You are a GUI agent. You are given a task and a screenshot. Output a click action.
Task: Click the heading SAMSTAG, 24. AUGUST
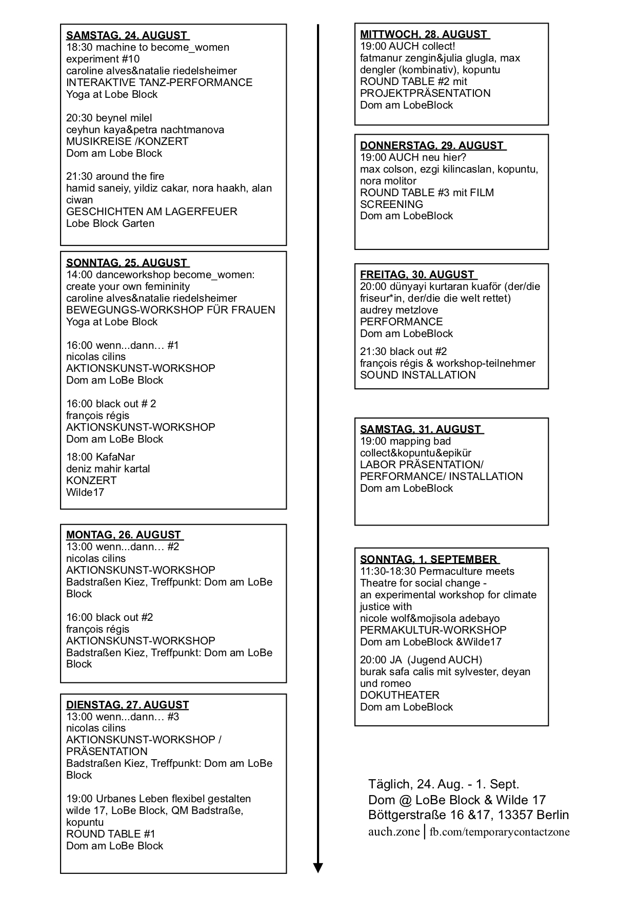tap(127, 35)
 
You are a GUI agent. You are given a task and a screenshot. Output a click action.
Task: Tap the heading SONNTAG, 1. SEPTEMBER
tap(429, 559)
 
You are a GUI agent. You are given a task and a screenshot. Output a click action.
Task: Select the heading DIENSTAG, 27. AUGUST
tap(127, 705)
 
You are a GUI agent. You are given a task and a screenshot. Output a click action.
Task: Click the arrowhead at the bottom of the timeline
tap(318, 867)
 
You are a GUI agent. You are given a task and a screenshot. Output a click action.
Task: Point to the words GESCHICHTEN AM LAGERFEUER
tap(151, 212)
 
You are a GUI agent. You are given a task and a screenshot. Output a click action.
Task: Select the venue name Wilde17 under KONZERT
tap(85, 492)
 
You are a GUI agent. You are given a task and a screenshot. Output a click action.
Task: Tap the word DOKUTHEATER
tap(400, 695)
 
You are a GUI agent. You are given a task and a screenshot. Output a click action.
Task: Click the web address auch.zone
tap(393, 831)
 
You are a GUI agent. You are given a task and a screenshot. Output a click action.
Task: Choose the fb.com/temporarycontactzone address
tap(500, 832)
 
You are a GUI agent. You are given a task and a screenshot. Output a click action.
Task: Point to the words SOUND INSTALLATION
tap(418, 375)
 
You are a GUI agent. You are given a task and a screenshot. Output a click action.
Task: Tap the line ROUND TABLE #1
tap(110, 834)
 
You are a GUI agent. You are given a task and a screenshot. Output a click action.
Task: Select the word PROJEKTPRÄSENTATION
tap(425, 93)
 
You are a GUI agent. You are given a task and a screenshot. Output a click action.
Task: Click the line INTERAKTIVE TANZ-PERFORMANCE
tap(159, 82)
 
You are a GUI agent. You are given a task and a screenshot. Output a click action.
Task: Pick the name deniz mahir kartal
tap(108, 469)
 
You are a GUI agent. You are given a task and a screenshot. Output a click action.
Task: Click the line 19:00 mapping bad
tap(405, 441)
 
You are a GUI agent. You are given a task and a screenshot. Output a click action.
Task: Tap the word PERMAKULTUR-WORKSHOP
tap(433, 630)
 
